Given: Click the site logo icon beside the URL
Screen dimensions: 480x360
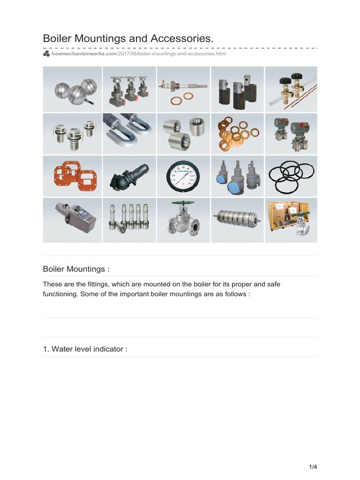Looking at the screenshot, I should (46, 54).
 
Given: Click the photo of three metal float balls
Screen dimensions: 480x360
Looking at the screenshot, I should (73, 89).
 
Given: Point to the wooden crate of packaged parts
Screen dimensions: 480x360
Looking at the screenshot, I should (291, 220).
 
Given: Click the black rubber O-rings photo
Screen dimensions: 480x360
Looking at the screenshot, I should (291, 176).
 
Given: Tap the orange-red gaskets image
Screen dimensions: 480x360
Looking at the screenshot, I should (73, 176).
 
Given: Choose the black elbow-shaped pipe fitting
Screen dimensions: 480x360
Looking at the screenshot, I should (129, 176).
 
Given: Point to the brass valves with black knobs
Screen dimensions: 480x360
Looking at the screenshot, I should (291, 89).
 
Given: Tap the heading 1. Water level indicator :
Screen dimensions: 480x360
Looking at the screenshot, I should (85, 349).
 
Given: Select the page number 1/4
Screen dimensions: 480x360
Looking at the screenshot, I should (313, 466).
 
